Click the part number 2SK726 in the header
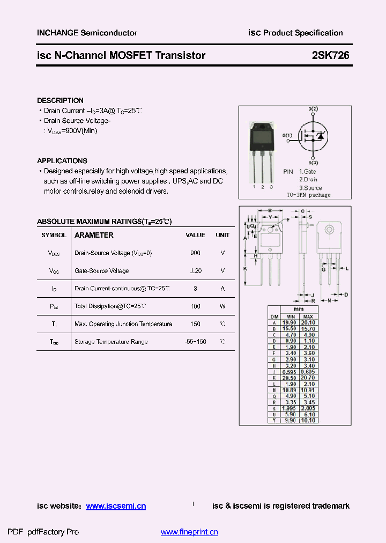tap(331, 55)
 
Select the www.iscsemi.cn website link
tap(116, 506)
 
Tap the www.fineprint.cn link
tap(189, 532)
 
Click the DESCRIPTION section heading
tap(60, 100)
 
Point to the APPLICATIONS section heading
tap(62, 161)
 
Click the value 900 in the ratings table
tap(195, 253)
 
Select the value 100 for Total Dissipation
tap(195, 306)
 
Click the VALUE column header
tap(195, 235)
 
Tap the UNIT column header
tap(222, 235)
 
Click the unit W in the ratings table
tap(222, 306)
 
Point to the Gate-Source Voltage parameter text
tap(101, 271)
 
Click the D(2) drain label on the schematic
tap(313, 109)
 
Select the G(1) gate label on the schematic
tap(287, 135)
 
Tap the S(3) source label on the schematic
tap(313, 163)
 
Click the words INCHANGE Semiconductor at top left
tap(87, 33)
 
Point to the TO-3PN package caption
tap(308, 195)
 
